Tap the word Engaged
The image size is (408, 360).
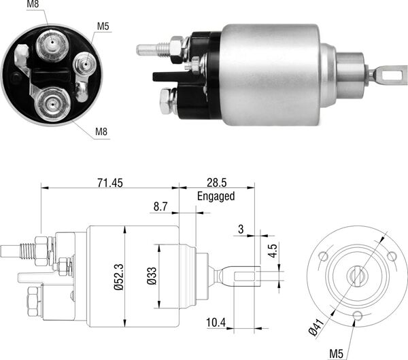216,196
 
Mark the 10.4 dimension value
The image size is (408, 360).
216,323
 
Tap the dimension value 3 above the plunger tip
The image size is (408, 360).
241,230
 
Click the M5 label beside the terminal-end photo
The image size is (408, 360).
103,26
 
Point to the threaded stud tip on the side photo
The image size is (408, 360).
146,50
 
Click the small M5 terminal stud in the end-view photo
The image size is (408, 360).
86,65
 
